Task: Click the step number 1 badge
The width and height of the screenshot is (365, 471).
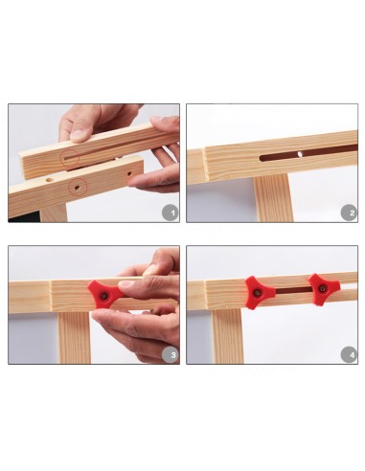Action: (x=171, y=213)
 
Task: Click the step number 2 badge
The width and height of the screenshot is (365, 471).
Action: (x=349, y=213)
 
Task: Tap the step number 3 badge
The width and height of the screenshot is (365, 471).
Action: (x=171, y=354)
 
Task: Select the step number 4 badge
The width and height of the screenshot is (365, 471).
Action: (x=349, y=354)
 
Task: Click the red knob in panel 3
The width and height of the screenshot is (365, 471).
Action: (x=104, y=295)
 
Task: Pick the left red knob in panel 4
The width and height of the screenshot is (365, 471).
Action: (x=258, y=292)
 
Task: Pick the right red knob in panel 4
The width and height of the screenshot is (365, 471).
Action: (x=323, y=289)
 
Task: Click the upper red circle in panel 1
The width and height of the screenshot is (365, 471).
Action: (x=70, y=158)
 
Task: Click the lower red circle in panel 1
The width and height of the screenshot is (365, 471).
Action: (x=78, y=188)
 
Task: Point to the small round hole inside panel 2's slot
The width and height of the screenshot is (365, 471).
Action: (x=300, y=154)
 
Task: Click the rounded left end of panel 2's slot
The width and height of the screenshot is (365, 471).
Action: (x=262, y=158)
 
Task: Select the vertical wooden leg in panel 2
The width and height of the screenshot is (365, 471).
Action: (x=273, y=198)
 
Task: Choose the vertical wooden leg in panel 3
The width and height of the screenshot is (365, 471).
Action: (x=75, y=338)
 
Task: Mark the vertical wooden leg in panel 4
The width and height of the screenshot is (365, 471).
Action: (x=228, y=336)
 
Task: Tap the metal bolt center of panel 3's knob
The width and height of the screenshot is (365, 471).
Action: (x=103, y=296)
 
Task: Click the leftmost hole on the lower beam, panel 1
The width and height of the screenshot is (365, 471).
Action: (x=50, y=180)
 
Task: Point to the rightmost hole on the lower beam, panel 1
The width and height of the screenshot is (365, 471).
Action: (x=129, y=174)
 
